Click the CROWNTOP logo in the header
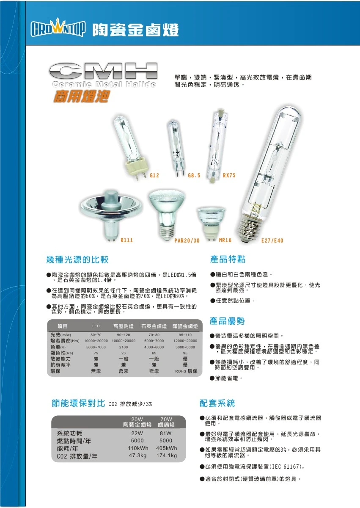(x=58, y=29)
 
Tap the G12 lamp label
(x=154, y=175)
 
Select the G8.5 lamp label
(x=194, y=175)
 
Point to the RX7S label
(x=229, y=175)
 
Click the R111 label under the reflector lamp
(x=126, y=240)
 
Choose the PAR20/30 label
(x=187, y=240)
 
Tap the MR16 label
(x=225, y=240)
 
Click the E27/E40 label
(x=272, y=240)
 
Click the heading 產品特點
(x=228, y=259)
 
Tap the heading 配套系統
(x=217, y=403)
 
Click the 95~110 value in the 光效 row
(x=185, y=335)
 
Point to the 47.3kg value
(x=137, y=456)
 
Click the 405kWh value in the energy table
(x=166, y=448)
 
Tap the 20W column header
(x=137, y=419)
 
